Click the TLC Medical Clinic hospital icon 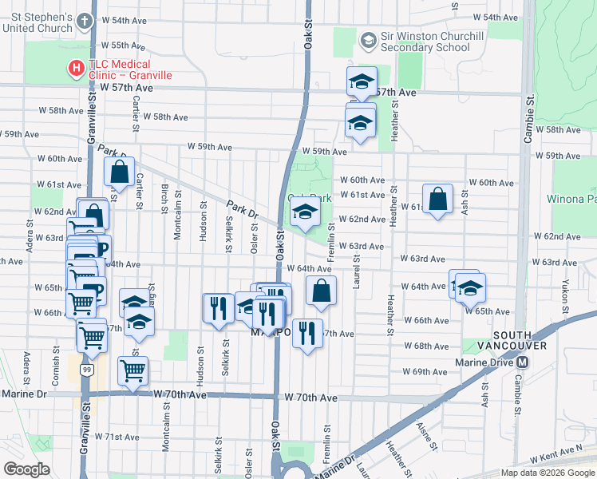[x=77, y=69]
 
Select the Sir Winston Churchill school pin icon [x=367, y=39]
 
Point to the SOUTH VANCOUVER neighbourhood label [x=520, y=340]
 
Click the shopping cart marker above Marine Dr [x=132, y=370]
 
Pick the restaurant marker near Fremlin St [x=306, y=332]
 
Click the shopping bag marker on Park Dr [x=119, y=172]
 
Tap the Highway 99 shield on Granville [x=85, y=370]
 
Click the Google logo [x=26, y=469]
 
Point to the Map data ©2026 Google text [x=547, y=473]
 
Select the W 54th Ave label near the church [x=129, y=19]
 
